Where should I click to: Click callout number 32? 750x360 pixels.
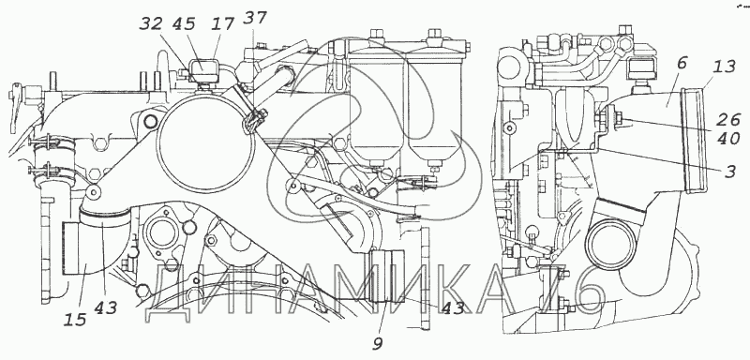[x=151, y=23]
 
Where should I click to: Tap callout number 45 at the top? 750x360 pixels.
[x=184, y=23]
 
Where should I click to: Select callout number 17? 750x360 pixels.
[x=222, y=23]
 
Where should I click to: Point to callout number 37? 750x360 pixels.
[x=254, y=19]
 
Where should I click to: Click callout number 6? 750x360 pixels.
[x=682, y=63]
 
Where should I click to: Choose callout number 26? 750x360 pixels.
[x=730, y=119]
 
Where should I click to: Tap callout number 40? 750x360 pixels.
[x=730, y=139]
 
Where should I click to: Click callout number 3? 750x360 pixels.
[x=730, y=171]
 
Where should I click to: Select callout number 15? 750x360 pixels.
[x=76, y=319]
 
